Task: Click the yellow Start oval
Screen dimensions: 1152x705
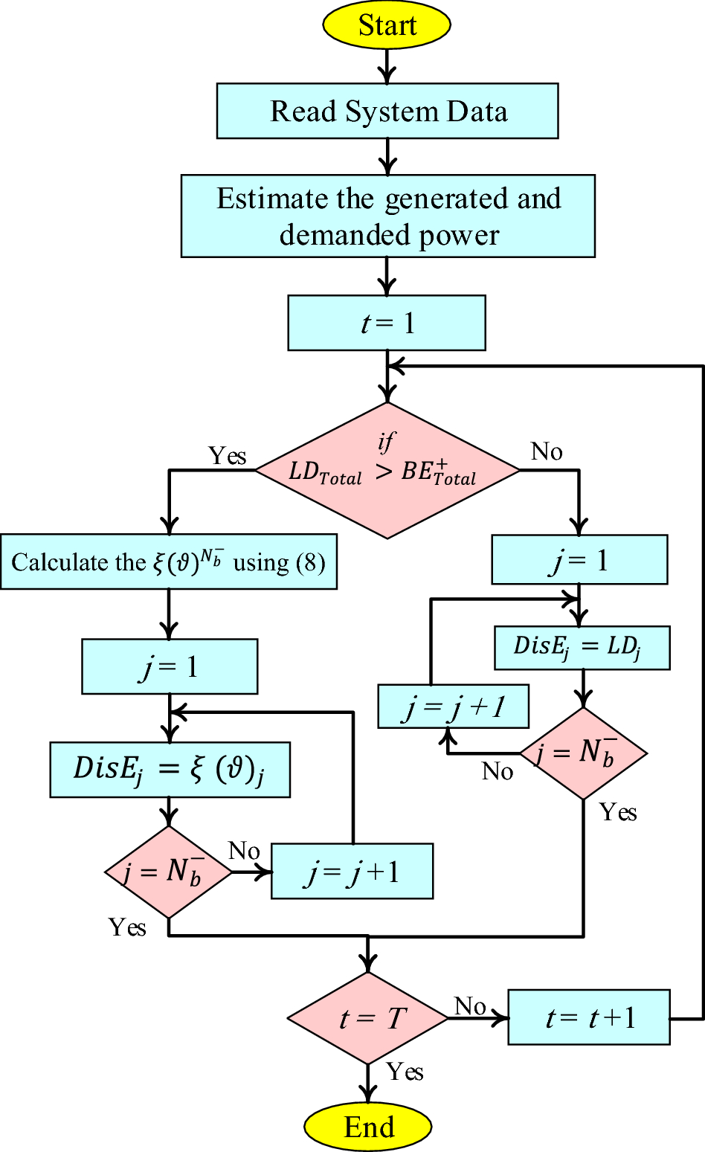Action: (x=387, y=25)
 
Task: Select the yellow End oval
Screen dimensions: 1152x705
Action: (x=368, y=1127)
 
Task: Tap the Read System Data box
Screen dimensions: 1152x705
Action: (x=387, y=111)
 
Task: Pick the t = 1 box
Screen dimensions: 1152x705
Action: (x=387, y=323)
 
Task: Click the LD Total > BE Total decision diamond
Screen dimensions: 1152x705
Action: (x=387, y=470)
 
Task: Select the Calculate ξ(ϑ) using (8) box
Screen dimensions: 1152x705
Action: (x=169, y=561)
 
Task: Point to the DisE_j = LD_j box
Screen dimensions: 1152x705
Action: (x=582, y=647)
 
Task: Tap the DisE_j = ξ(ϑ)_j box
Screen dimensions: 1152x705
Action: (x=170, y=769)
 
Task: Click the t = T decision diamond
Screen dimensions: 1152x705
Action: (x=368, y=1018)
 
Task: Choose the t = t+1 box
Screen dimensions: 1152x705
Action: (x=589, y=1017)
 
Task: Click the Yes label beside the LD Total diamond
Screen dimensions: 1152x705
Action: (x=227, y=455)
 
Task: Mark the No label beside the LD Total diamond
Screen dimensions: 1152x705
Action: (x=547, y=451)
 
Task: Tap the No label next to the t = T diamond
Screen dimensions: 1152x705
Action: (x=470, y=1006)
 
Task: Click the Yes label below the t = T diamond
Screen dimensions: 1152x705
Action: (x=405, y=1072)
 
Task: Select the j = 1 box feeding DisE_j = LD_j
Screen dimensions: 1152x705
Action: (x=579, y=560)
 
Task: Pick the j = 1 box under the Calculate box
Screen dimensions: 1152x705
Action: (x=170, y=666)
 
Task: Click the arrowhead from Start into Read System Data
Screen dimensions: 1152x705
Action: (x=387, y=75)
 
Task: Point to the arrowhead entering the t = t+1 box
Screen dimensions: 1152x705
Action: (x=500, y=1017)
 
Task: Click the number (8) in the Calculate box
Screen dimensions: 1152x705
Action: (x=311, y=562)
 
